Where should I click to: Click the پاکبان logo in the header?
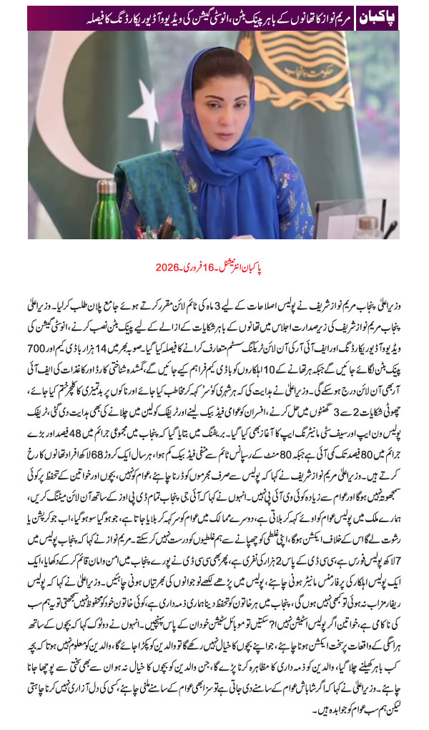click(376, 16)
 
